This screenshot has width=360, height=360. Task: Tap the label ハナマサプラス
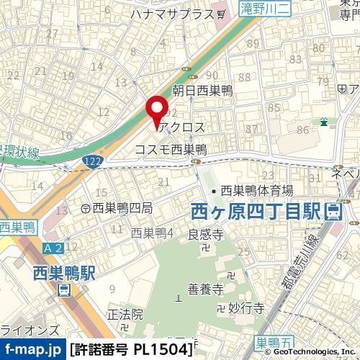173,14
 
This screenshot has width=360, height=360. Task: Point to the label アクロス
183,127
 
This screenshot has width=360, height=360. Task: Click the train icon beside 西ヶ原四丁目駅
333,212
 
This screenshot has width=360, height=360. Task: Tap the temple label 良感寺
202,235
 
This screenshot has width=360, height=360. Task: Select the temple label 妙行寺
243,307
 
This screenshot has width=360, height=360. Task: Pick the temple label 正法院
125,315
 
